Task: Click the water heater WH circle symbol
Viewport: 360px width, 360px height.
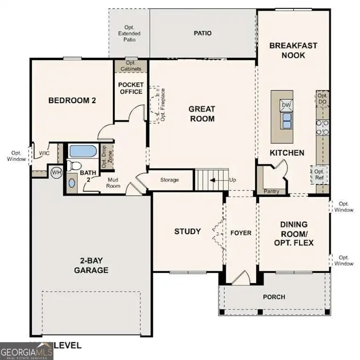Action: click(x=56, y=172)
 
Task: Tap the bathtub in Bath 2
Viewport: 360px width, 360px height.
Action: click(x=82, y=151)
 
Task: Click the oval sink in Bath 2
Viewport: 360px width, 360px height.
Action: click(x=71, y=183)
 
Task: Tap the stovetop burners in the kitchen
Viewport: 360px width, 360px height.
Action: click(x=322, y=127)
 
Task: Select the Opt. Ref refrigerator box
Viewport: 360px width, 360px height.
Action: click(x=319, y=175)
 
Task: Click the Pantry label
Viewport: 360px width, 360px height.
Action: click(x=271, y=191)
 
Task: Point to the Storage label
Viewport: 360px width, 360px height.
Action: click(x=170, y=180)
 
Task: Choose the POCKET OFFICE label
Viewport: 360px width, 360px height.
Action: click(x=131, y=88)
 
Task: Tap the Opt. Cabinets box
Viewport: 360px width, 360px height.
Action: click(x=131, y=66)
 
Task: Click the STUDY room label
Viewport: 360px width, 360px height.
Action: click(x=187, y=231)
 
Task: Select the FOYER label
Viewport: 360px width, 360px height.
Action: click(x=241, y=233)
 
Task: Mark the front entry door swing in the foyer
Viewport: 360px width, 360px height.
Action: click(x=241, y=277)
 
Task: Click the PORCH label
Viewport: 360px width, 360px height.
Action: click(x=274, y=297)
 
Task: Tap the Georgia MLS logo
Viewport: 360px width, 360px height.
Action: click(x=26, y=351)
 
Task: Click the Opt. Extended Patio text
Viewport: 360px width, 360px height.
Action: click(x=129, y=33)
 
